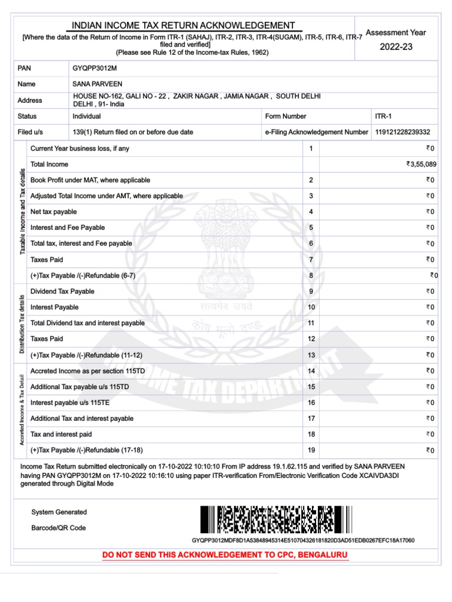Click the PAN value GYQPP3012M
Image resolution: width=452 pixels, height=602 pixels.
pos(95,68)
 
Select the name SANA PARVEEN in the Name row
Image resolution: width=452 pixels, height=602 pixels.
pos(98,84)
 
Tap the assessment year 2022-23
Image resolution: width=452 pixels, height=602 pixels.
pos(395,47)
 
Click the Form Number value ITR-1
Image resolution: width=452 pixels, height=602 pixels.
pos(383,116)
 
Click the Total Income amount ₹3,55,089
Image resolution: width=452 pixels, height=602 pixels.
pos(420,165)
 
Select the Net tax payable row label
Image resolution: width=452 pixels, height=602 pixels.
pos(54,212)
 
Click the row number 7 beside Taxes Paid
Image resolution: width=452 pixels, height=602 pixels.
pos(311,259)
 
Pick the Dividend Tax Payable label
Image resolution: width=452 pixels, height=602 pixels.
pos(62,291)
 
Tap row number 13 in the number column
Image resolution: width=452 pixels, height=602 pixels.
pos(311,355)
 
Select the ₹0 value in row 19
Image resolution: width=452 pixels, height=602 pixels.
pos(430,451)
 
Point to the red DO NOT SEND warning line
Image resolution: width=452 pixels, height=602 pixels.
pos(225,555)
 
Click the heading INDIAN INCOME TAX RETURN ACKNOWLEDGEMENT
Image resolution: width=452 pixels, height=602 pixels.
pos(183,25)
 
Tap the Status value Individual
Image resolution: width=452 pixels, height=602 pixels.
pos(87,116)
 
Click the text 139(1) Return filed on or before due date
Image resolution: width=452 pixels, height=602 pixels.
pos(132,132)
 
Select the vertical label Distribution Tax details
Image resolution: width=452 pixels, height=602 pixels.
pos(22,323)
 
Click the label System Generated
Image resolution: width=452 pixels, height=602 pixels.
pos(59,512)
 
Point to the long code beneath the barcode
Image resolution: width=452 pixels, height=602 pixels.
pos(303,540)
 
